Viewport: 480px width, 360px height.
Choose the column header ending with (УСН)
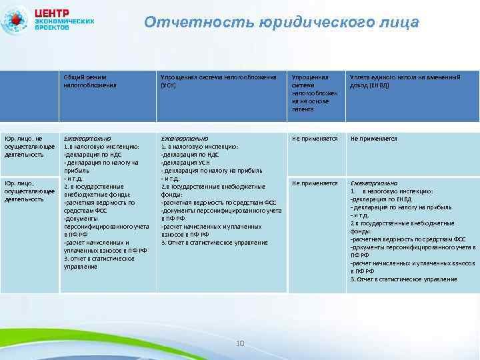coord(218,81)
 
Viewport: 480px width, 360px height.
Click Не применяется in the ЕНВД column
coord(373,139)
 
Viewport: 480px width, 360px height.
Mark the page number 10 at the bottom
coord(240,343)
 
